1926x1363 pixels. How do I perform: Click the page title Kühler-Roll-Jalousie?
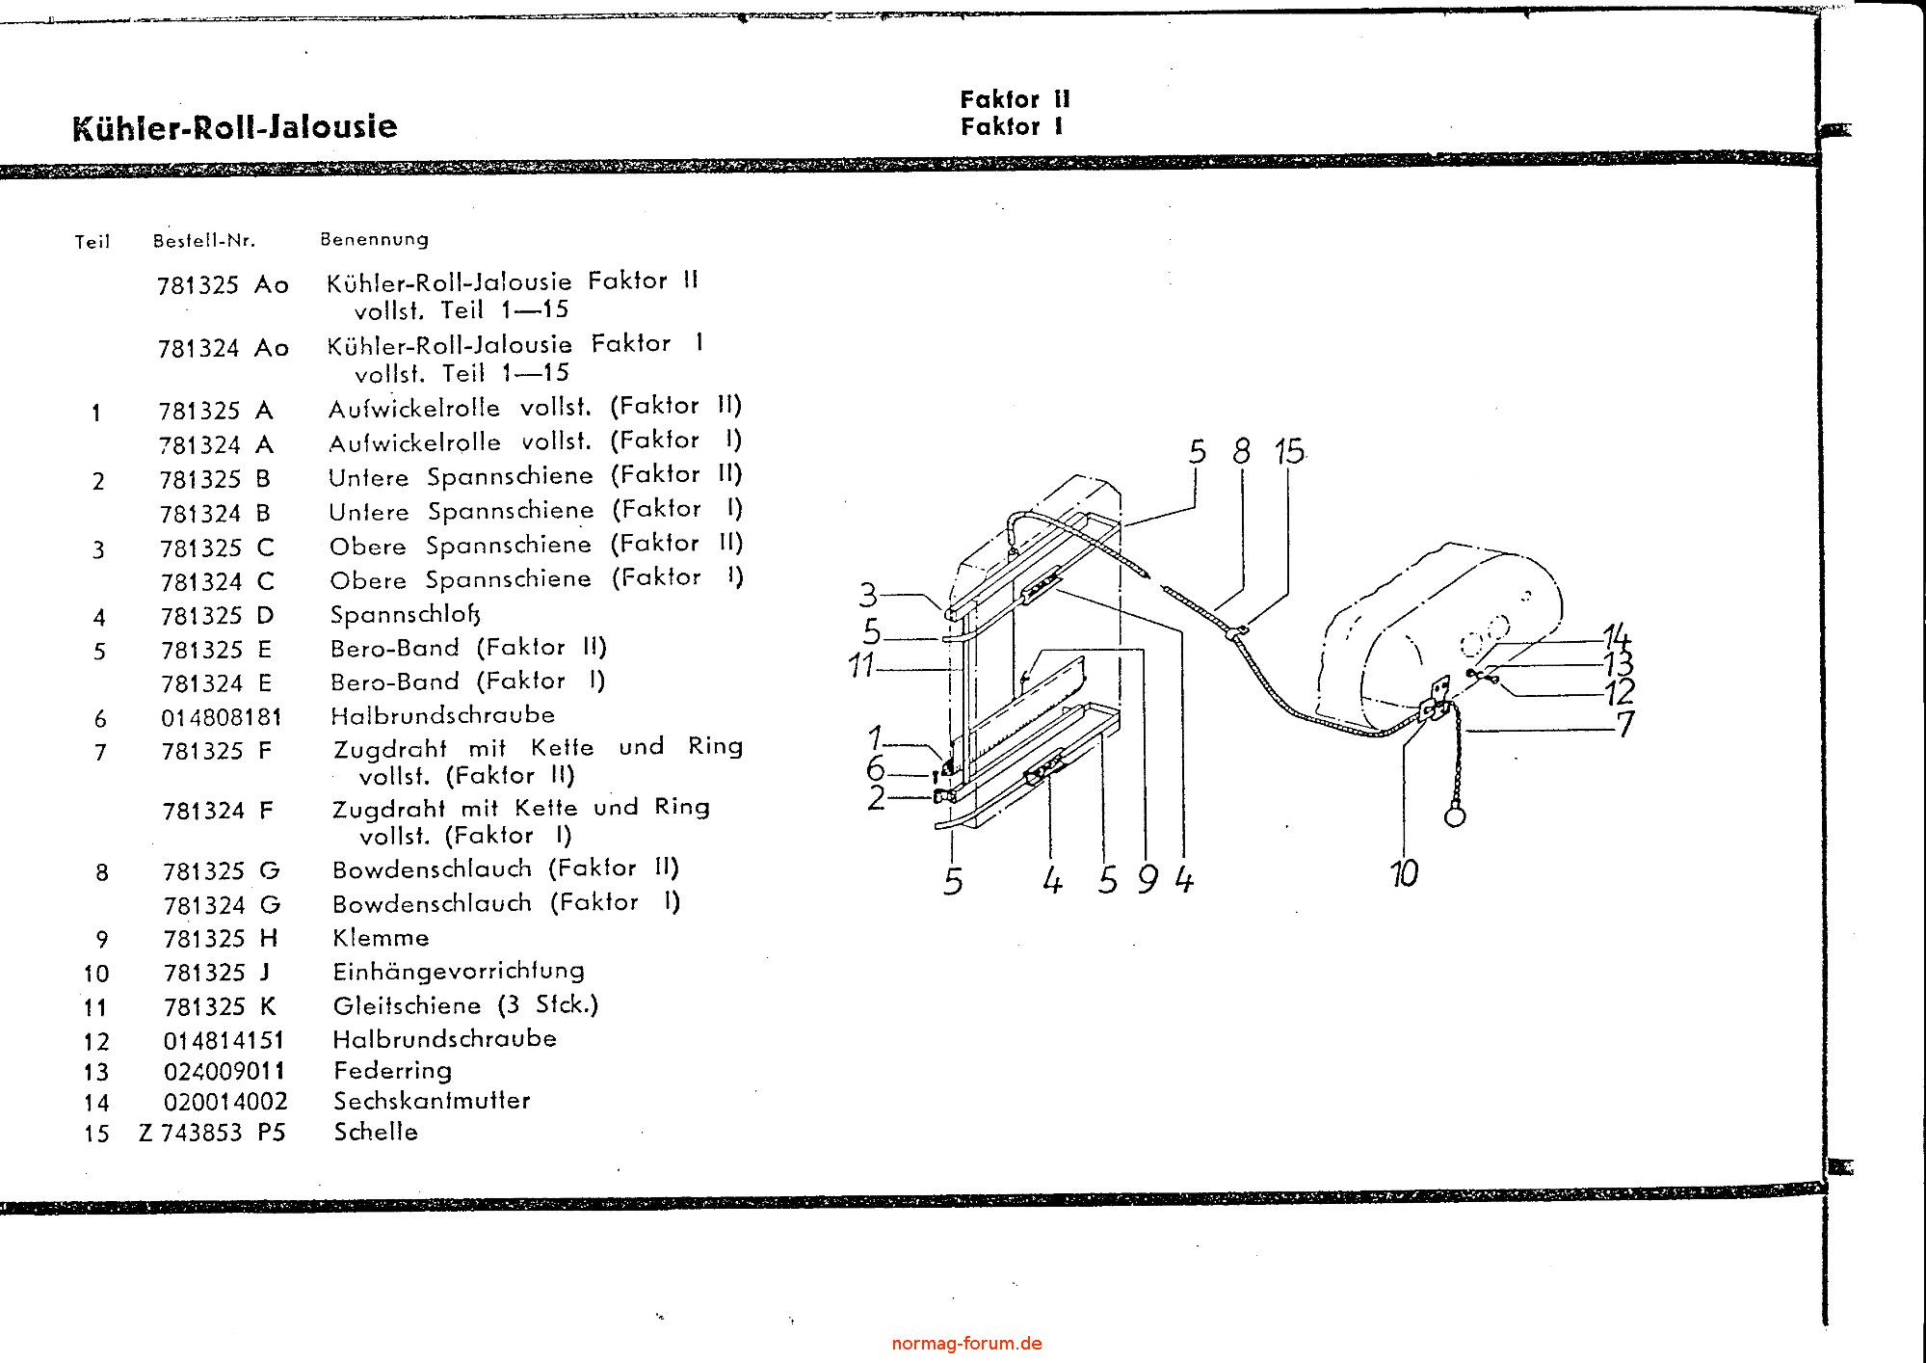pyautogui.click(x=234, y=127)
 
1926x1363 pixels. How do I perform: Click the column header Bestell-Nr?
pyautogui.click(x=204, y=241)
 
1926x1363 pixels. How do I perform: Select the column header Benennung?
pyautogui.click(x=374, y=239)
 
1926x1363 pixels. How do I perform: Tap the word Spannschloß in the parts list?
pyautogui.click(x=405, y=614)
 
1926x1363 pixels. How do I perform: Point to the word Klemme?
pyautogui.click(x=381, y=938)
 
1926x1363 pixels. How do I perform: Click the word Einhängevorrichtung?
pyautogui.click(x=459, y=971)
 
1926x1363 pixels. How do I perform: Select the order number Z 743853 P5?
pyautogui.click(x=212, y=1134)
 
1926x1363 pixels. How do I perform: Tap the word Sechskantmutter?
pyautogui.click(x=432, y=1101)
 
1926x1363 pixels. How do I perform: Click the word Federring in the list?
pyautogui.click(x=392, y=1071)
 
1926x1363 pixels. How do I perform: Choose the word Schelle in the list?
pyautogui.click(x=376, y=1133)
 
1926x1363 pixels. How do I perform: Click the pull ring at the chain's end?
pyautogui.click(x=1455, y=815)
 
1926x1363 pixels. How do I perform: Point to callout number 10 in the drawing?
pyautogui.click(x=1404, y=873)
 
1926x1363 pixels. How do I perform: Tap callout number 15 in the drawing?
pyautogui.click(x=1289, y=451)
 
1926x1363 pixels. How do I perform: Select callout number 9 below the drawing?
pyautogui.click(x=1147, y=879)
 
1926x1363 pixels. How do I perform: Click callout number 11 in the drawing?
pyautogui.click(x=861, y=665)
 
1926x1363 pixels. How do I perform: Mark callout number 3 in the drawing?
pyautogui.click(x=868, y=595)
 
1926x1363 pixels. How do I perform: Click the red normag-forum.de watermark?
pyautogui.click(x=966, y=1344)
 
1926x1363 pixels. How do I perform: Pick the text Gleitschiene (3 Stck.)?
pyautogui.click(x=465, y=1005)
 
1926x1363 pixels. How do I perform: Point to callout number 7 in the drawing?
pyautogui.click(x=1624, y=723)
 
